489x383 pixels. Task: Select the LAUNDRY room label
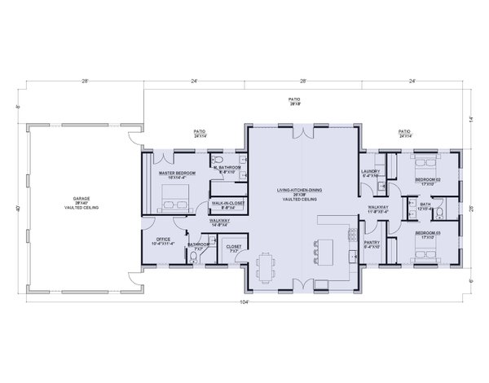pyautogui.click(x=371, y=172)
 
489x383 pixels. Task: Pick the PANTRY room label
pyautogui.click(x=371, y=243)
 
